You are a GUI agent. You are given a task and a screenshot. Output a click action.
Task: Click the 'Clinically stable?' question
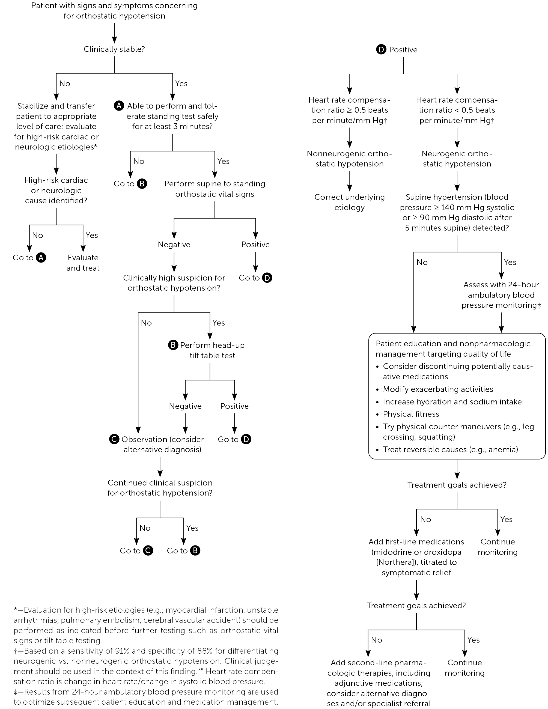click(x=114, y=49)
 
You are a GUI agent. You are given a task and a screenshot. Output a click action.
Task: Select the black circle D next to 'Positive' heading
click(x=381, y=50)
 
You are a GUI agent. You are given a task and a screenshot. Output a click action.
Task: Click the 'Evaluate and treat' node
click(x=83, y=263)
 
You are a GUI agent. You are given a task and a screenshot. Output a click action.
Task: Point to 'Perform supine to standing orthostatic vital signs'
click(x=215, y=189)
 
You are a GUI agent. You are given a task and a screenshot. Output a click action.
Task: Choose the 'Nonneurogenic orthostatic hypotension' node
click(x=349, y=159)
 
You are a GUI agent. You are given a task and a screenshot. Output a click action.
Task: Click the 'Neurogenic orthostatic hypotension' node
click(x=457, y=159)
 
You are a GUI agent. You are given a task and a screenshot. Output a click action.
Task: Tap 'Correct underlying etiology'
click(x=349, y=202)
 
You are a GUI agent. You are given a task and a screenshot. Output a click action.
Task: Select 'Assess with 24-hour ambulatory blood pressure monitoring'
click(x=501, y=295)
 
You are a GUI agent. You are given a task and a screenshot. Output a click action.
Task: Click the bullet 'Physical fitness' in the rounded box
click(x=411, y=414)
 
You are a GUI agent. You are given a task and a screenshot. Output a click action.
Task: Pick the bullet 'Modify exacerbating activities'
click(x=438, y=389)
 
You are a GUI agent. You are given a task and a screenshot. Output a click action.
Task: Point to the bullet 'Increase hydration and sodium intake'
click(x=452, y=402)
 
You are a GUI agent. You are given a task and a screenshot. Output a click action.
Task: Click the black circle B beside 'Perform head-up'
click(x=173, y=345)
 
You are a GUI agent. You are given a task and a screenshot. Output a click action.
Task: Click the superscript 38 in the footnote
click(x=201, y=669)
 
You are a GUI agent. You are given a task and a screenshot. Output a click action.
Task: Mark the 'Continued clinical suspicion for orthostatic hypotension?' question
click(x=160, y=488)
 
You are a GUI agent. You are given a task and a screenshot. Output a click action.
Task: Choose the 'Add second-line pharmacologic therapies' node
click(x=379, y=682)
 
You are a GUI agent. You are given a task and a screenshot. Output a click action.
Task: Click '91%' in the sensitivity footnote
click(x=123, y=651)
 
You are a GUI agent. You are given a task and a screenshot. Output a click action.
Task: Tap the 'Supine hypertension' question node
click(x=457, y=212)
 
